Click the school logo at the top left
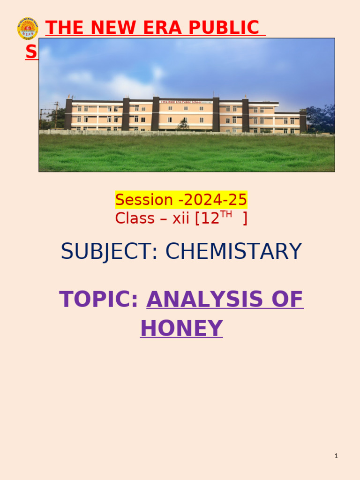[27, 29]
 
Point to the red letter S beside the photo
[31, 52]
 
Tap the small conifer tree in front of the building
[183, 124]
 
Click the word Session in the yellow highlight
[144, 200]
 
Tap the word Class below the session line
[134, 218]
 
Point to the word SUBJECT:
[110, 252]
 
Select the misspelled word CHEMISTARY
[233, 252]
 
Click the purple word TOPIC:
[99, 300]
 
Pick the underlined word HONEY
[181, 328]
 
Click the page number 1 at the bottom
[336, 456]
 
